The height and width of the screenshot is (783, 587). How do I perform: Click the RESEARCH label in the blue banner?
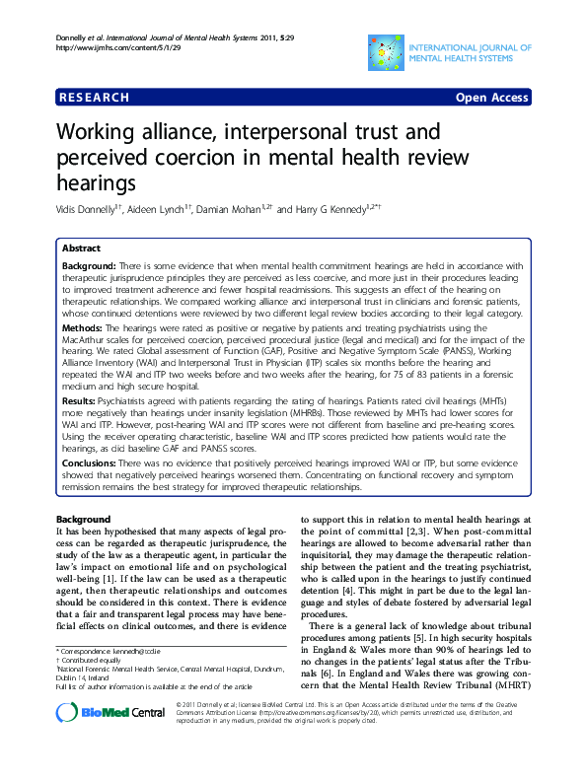[x=95, y=98]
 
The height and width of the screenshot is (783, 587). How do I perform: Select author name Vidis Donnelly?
[x=86, y=210]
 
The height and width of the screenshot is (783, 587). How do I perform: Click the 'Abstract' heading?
[x=80, y=248]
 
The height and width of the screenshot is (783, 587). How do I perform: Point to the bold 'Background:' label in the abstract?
[x=89, y=266]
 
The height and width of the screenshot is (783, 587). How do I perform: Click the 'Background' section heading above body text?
[x=83, y=519]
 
